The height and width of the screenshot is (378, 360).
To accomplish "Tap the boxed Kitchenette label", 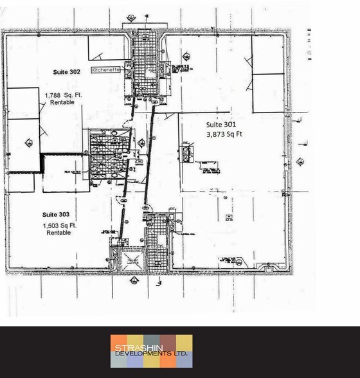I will [x=104, y=72].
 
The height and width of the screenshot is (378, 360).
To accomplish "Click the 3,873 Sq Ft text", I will [x=224, y=134].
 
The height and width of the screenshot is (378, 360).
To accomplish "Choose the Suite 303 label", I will [x=56, y=213].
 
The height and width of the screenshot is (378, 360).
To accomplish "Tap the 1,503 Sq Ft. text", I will [x=59, y=226].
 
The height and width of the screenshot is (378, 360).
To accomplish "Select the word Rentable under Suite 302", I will [x=60, y=103].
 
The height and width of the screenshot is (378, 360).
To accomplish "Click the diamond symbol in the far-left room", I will [x=26, y=143].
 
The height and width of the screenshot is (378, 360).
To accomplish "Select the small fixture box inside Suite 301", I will [x=187, y=154].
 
